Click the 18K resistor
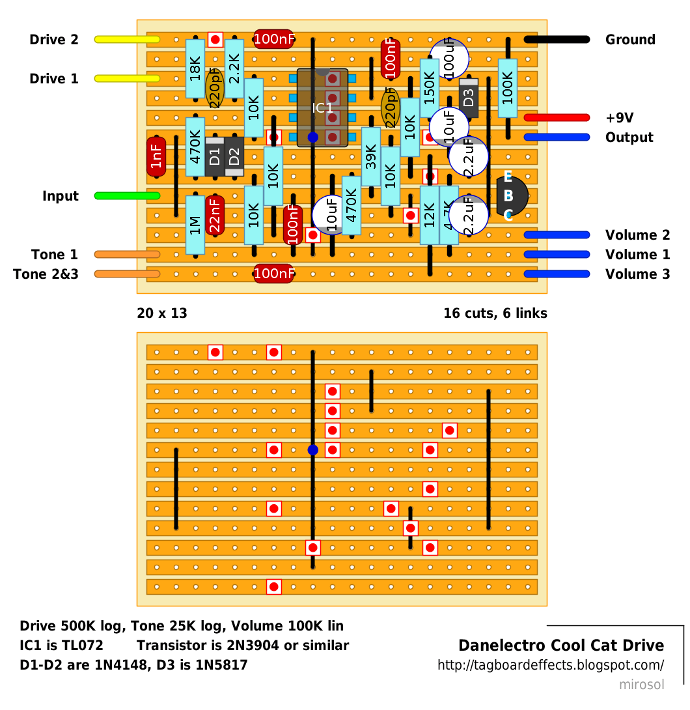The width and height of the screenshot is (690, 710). [x=195, y=69]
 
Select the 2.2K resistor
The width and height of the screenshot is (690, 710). [x=234, y=69]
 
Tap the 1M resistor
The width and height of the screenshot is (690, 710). [x=195, y=225]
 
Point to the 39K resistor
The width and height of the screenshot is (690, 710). [x=371, y=157]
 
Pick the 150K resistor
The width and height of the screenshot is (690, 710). [x=430, y=89]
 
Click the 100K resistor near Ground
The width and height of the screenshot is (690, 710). [x=508, y=89]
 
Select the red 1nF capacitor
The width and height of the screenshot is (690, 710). [x=156, y=157]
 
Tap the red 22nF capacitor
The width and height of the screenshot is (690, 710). [x=215, y=215]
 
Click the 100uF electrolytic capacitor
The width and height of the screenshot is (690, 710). [x=449, y=59]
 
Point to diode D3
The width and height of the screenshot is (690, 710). [x=468, y=98]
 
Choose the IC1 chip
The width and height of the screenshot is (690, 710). [x=322, y=107]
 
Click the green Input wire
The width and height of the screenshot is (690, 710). [x=127, y=195]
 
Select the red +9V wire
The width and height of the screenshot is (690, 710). [x=557, y=118]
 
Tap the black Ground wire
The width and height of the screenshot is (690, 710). [x=557, y=39]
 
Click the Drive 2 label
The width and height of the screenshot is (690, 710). [x=54, y=40]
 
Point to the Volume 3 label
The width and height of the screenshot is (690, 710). [x=637, y=274]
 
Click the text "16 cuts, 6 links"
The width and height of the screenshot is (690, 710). [x=495, y=313]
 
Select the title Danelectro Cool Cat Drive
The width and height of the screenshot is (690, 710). [x=561, y=646]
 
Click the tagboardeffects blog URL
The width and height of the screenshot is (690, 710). [x=551, y=665]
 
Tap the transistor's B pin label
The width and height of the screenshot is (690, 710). [x=508, y=195]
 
